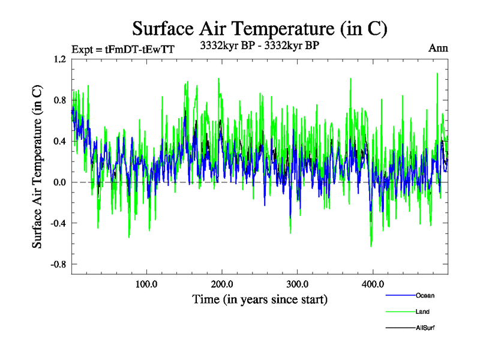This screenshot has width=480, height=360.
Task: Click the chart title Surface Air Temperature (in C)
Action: coord(260,29)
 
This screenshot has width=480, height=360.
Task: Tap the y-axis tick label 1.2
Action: coord(60,59)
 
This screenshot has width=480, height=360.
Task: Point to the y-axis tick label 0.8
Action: coord(60,100)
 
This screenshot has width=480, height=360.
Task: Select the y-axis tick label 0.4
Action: coord(60,142)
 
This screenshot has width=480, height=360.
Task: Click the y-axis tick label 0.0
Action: coord(60,182)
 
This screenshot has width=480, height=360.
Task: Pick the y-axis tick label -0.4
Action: coord(59,223)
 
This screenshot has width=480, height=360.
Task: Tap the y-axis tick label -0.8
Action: coord(59,264)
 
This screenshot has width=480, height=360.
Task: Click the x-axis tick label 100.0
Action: coord(146,284)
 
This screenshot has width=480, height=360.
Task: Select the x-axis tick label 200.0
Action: coord(222,284)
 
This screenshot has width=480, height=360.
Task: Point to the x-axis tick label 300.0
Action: coord(298,284)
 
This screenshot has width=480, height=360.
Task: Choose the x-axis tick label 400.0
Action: coord(373,284)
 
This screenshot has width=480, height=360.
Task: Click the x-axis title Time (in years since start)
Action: coord(260,298)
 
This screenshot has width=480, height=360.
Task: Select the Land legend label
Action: coord(422,311)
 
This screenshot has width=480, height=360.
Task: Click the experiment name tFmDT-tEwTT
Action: coord(139,50)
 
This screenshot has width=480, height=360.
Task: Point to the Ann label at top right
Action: coord(438,48)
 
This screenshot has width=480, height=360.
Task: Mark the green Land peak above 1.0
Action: coord(437,74)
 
